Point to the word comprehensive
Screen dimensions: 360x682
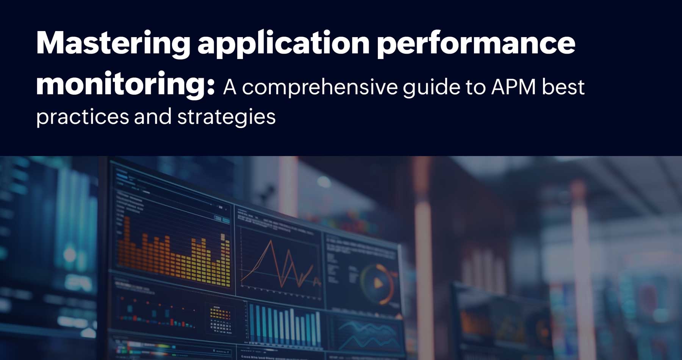click(320, 87)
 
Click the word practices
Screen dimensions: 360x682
click(82, 117)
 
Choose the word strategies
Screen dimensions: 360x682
click(226, 117)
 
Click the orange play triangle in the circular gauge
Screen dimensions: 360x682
click(378, 283)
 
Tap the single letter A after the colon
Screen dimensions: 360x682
click(230, 87)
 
